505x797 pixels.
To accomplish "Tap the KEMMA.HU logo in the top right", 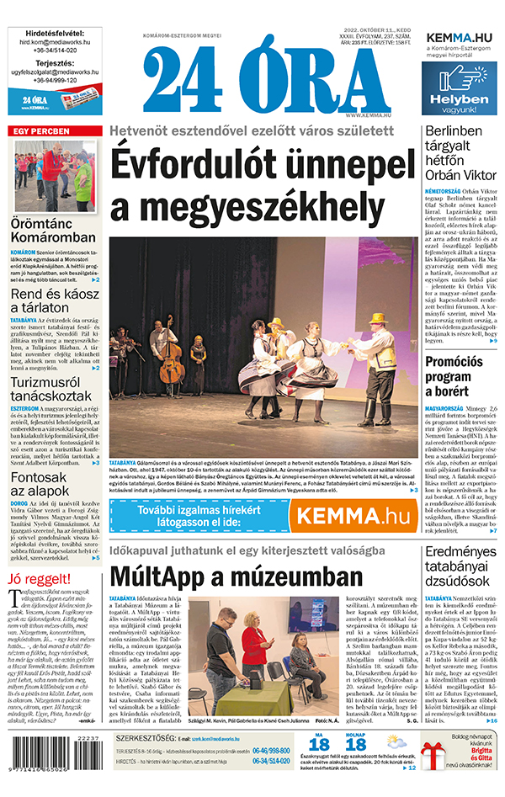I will [460, 38].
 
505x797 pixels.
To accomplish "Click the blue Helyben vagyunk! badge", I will [459, 88].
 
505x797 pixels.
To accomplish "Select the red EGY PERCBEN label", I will [39, 132].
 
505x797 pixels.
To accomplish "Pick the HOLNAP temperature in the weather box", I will [356, 744].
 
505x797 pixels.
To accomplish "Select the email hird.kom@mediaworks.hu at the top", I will [55, 40].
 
